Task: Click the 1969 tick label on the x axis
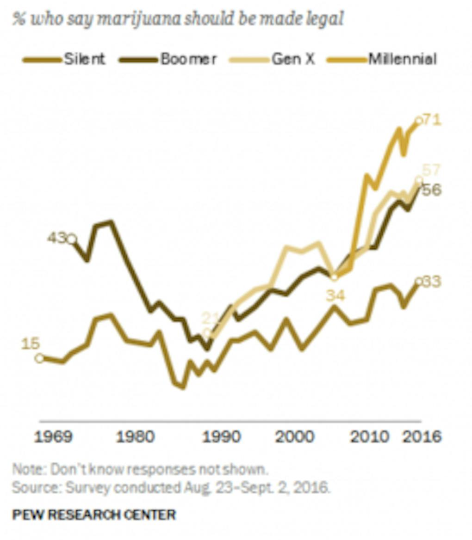click(x=55, y=437)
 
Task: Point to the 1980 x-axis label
click(x=136, y=437)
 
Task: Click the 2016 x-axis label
click(x=422, y=437)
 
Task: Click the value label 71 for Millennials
click(x=433, y=120)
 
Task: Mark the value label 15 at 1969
click(x=31, y=344)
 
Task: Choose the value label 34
click(x=335, y=295)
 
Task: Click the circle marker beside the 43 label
click(x=72, y=239)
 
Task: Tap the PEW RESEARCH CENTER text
click(x=94, y=515)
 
